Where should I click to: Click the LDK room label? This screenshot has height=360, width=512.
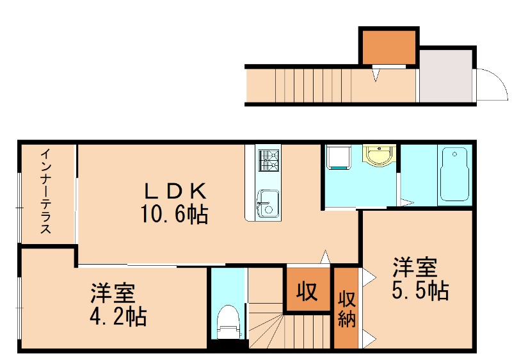174,190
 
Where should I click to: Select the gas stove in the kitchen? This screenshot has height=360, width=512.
268,160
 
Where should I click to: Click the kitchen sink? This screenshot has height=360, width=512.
266,203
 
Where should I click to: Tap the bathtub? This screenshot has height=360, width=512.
454,175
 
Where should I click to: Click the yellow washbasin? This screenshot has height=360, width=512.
379,156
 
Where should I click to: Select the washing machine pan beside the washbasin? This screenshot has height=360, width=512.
337,157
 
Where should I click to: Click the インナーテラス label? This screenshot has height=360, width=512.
46,192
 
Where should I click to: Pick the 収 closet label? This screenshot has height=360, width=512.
307,292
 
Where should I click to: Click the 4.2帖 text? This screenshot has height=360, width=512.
118,316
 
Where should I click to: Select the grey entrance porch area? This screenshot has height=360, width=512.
445,76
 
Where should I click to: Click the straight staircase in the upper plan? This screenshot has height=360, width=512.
314,85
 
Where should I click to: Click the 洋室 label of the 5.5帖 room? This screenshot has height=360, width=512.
415,265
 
